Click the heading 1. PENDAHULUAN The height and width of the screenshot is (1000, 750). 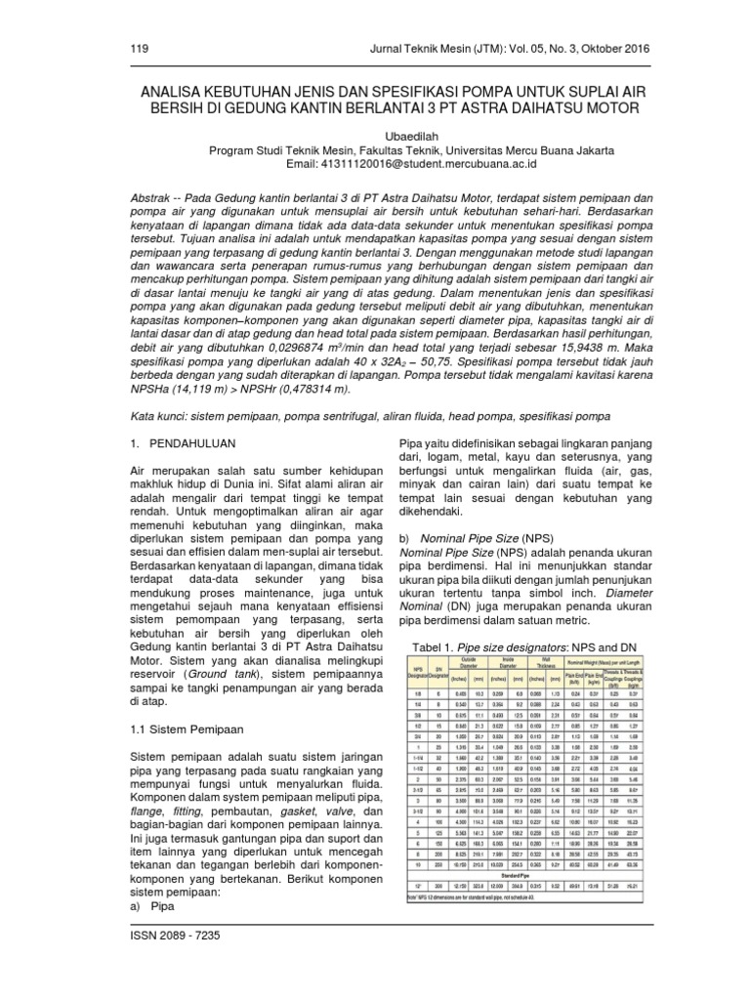click(x=187, y=443)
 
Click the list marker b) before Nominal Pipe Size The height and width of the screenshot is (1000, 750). click(x=405, y=537)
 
